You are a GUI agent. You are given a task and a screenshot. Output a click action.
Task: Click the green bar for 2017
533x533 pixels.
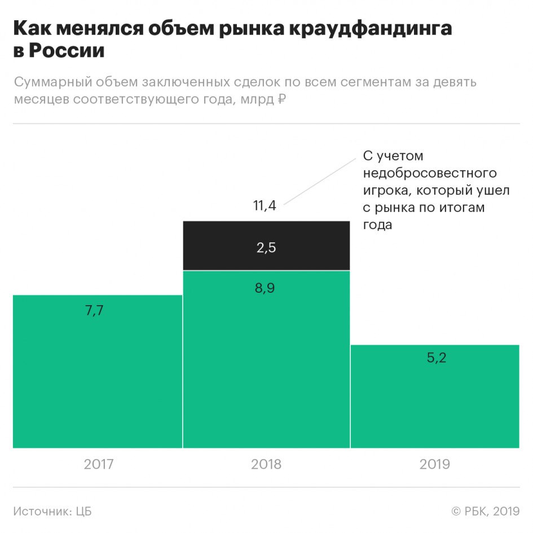click(97, 378)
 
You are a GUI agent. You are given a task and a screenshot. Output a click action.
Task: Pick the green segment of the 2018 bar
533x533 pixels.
click(266, 367)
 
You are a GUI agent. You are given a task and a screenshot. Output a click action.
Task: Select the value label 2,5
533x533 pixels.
click(266, 247)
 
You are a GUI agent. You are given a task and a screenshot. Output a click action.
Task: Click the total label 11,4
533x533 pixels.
click(265, 205)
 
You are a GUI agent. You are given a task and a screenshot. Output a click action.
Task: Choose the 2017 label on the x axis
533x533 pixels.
click(99, 464)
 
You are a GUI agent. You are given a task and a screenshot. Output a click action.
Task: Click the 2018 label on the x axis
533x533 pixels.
click(266, 464)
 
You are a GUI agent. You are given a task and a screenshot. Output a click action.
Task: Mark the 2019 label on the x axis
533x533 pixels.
click(435, 464)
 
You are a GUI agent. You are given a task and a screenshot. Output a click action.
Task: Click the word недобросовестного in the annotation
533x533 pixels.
click(430, 173)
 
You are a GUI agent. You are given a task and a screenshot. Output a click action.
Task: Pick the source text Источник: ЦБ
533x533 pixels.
click(52, 512)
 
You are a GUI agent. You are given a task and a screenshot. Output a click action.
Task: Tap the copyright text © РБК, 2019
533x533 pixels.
click(485, 512)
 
